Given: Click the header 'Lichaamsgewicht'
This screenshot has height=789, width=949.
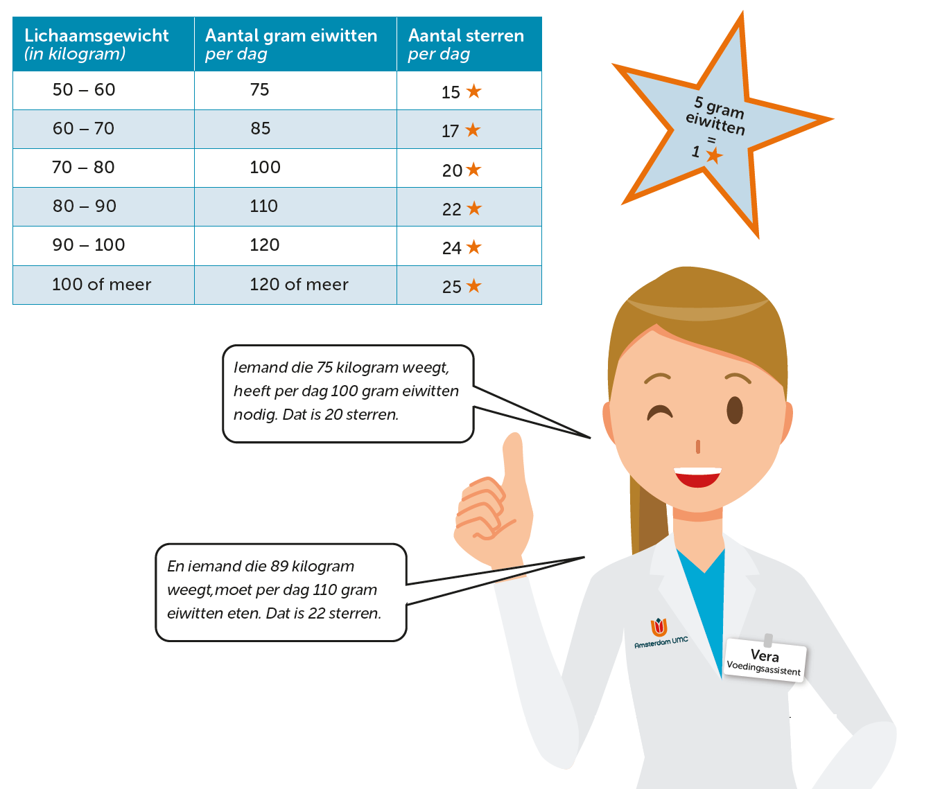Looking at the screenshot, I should (x=96, y=36).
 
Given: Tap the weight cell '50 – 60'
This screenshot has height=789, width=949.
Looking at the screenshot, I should (x=84, y=90).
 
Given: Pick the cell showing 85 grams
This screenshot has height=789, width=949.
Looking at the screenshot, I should (x=261, y=129).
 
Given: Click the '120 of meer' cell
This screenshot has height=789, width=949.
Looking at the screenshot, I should (x=299, y=285).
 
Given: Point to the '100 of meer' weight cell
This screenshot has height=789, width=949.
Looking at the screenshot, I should (x=101, y=285).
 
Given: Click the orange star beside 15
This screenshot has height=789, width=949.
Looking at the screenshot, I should (x=474, y=91).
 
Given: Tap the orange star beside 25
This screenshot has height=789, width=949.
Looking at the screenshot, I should (x=474, y=285).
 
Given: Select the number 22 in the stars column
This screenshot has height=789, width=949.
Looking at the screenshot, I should (x=452, y=209).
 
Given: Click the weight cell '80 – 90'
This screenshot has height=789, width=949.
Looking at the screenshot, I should (x=84, y=206).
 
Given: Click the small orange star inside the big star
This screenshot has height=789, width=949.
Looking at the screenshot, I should (x=714, y=155).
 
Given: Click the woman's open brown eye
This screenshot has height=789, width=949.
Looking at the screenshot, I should (x=735, y=410).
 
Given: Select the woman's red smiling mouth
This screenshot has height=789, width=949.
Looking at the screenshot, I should (x=697, y=477).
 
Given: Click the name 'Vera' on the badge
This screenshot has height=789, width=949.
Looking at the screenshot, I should (x=765, y=655).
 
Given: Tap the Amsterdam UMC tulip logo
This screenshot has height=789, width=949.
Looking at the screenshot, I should (x=659, y=627).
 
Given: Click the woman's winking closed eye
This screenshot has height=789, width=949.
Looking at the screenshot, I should (x=659, y=413).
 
